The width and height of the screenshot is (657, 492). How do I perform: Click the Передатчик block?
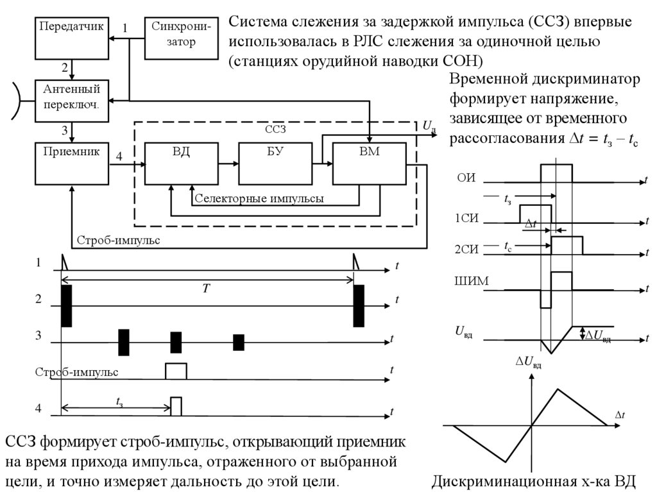[71, 37]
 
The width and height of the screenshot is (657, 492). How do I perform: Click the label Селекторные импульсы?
[259, 199]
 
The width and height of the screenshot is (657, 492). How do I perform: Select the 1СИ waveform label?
[466, 218]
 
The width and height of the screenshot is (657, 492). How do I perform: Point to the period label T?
[206, 289]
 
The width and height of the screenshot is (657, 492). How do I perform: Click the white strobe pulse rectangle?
[176, 371]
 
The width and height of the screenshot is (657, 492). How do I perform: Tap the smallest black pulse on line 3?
[239, 343]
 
